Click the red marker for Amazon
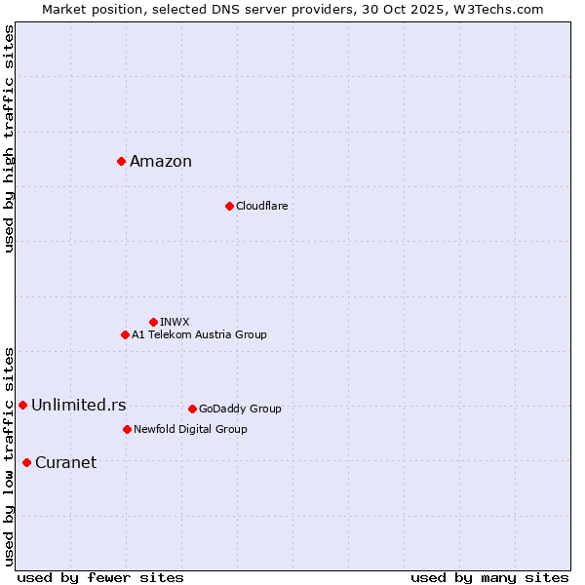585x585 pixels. coord(121,161)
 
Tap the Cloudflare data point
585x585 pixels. coord(229,206)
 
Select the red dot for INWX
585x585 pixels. coord(153,322)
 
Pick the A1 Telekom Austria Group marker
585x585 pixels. coord(125,334)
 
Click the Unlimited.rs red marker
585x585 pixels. coord(22,405)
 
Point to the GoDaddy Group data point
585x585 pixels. coord(192,409)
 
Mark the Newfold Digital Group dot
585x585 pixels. coord(127,429)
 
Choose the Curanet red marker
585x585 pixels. coord(26,462)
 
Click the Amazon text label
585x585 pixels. coord(161,162)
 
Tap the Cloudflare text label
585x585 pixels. coord(261,207)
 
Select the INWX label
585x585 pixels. coord(175,323)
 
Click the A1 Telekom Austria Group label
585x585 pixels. coord(199,335)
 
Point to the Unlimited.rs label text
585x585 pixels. coord(78,406)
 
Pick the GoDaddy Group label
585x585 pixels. coord(240,409)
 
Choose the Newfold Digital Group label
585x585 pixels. coord(190,430)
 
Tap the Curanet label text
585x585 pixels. coord(65,463)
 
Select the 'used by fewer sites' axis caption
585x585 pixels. coord(100,577)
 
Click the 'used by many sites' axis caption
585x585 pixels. coord(489,577)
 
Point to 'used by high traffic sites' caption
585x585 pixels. coord(9,138)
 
